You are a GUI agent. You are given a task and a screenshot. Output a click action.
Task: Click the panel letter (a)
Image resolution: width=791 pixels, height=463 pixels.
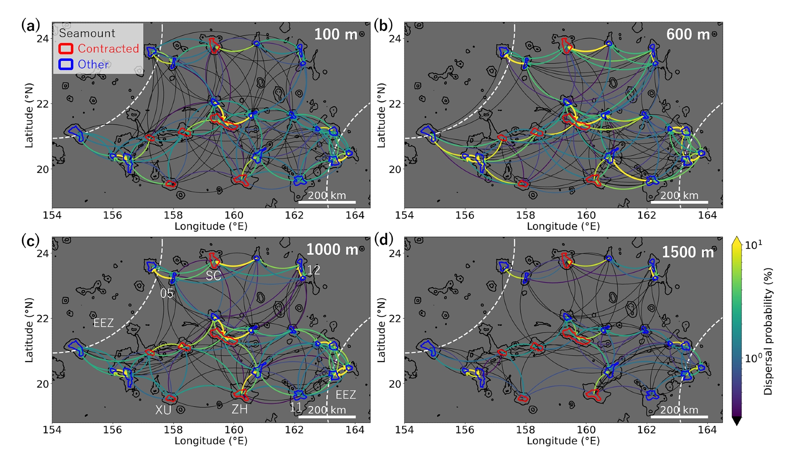click(x=30, y=26)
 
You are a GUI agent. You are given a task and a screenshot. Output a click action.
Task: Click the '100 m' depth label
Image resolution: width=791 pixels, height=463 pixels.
click(x=335, y=35)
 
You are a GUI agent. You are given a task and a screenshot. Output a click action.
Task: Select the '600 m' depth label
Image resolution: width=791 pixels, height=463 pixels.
click(x=688, y=35)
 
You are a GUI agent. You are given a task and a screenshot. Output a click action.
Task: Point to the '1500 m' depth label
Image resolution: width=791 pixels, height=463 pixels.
click(x=688, y=252)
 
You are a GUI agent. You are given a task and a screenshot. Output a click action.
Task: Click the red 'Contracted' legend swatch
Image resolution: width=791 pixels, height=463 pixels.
click(x=66, y=49)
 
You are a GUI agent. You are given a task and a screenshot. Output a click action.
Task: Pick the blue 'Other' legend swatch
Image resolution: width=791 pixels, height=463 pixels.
click(x=66, y=64)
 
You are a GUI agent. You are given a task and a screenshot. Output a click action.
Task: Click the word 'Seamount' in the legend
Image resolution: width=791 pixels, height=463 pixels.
click(x=87, y=33)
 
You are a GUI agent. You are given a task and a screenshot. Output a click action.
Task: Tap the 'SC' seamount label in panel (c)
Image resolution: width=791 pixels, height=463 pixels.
click(x=213, y=276)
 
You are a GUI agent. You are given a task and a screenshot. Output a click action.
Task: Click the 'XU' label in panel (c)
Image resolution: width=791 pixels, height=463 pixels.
click(x=163, y=410)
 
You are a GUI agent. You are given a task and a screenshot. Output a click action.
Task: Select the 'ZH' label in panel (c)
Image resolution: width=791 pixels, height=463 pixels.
click(x=240, y=409)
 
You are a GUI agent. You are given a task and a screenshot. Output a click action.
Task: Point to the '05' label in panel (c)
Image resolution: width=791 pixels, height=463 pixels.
click(x=167, y=293)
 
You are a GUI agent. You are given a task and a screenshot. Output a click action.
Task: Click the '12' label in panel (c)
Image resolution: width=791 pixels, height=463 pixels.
click(x=313, y=270)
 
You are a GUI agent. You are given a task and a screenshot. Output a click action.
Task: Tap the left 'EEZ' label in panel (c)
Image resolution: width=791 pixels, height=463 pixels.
click(x=103, y=323)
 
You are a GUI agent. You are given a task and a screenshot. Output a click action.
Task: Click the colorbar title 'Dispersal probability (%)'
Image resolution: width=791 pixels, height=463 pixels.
click(x=768, y=331)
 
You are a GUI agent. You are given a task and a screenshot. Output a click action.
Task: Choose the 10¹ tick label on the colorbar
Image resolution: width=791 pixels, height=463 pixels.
click(x=753, y=245)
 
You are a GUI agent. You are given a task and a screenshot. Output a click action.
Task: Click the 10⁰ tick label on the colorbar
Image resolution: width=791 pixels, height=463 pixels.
click(x=753, y=358)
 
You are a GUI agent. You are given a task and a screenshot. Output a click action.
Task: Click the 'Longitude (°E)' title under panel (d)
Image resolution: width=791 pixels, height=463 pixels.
click(x=563, y=441)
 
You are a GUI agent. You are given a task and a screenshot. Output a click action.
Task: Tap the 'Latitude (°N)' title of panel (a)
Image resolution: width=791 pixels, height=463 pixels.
click(x=29, y=115)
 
